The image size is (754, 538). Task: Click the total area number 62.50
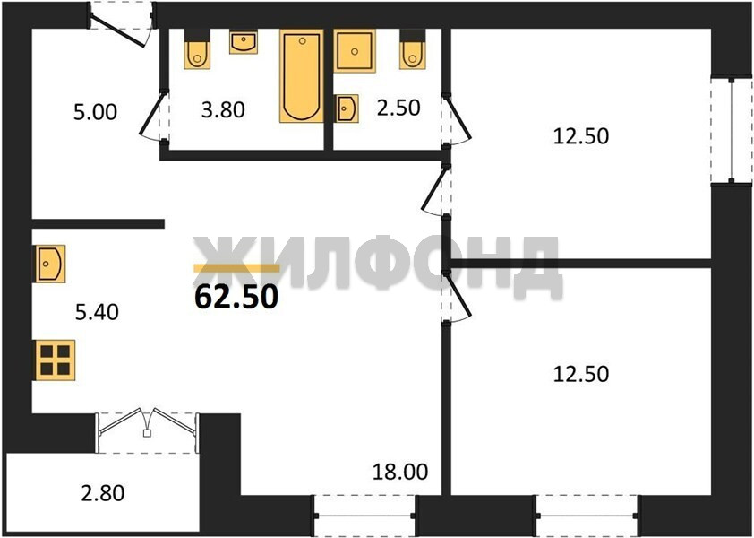tap(236, 296)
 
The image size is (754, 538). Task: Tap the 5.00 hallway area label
tap(95, 112)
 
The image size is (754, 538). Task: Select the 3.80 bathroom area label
tap(223, 109)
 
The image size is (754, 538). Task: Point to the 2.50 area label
tap(398, 108)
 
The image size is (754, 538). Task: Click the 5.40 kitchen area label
tap(97, 312)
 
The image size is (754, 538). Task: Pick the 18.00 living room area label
tap(400, 472)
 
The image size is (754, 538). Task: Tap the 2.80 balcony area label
tap(103, 493)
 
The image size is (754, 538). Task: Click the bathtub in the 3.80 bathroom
tap(302, 75)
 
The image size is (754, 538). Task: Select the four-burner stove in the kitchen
tap(56, 360)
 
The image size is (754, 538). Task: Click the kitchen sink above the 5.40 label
tap(49, 264)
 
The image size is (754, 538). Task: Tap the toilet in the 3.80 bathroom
tap(197, 49)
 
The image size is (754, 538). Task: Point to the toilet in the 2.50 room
tap(413, 49)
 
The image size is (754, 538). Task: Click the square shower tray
tap(355, 51)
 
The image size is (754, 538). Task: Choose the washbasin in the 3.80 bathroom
tap(244, 42)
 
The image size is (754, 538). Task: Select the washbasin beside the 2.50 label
tap(347, 108)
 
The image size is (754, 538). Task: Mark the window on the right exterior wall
tap(732, 131)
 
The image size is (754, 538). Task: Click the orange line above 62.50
tap(236, 268)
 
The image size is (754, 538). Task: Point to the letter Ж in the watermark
tap(224, 262)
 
